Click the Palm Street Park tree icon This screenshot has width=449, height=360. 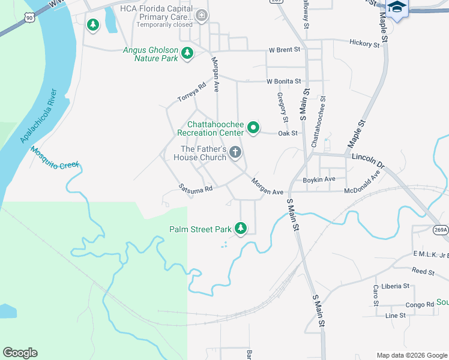pyautogui.click(x=241, y=229)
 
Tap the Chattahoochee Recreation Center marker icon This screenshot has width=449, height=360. pyautogui.click(x=253, y=127)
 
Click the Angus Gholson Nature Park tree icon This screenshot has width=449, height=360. pyautogui.click(x=187, y=53)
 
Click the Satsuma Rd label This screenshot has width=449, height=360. pyautogui.click(x=196, y=188)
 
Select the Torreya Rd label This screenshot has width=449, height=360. pyautogui.click(x=191, y=92)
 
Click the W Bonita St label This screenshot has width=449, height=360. pyautogui.click(x=283, y=81)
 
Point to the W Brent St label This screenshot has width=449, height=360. pyautogui.click(x=284, y=49)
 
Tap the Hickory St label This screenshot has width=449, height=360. pyautogui.click(x=364, y=44)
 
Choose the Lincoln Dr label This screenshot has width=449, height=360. pyautogui.click(x=368, y=160)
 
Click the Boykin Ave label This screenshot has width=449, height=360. pyautogui.click(x=319, y=179)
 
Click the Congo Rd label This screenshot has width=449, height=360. pyautogui.click(x=418, y=305)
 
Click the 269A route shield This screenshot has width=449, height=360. pyautogui.click(x=441, y=230)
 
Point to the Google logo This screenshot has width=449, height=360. pyautogui.click(x=20, y=353)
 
